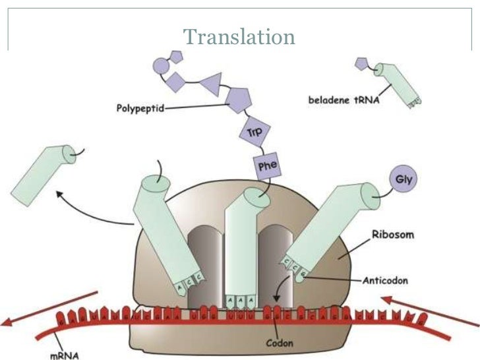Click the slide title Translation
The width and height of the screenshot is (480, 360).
pyautogui.click(x=239, y=36)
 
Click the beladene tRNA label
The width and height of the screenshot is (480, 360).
pyautogui.click(x=338, y=100)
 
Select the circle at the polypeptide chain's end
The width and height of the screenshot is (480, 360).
pyautogui.click(x=160, y=65)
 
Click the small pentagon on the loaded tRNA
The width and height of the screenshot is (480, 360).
pyautogui.click(x=361, y=63)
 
